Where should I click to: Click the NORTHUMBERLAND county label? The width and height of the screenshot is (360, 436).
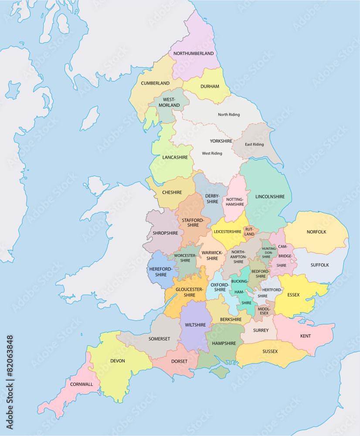tap(194, 54)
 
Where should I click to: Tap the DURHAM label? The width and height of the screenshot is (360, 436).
tap(210, 86)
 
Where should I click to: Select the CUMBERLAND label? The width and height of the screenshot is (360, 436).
tap(155, 83)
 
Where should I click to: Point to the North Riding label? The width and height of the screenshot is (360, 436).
tap(229, 115)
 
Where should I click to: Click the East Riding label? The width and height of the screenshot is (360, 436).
tap(254, 144)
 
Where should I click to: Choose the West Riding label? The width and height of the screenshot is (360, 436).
tap(212, 153)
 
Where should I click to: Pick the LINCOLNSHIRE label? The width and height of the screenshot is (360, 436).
tap(270, 197)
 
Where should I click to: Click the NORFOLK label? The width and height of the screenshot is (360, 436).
tap(316, 232)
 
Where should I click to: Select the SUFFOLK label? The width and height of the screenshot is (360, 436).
tap(319, 265)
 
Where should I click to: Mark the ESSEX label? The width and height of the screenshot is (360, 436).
tap(293, 295)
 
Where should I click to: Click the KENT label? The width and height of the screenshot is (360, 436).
tap(306, 336)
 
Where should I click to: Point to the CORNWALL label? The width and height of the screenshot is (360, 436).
tap(82, 384)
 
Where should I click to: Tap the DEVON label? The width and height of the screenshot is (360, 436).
tap(118, 361)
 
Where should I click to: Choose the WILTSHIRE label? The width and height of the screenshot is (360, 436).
tap(195, 325)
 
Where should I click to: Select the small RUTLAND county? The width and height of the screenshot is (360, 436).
tap(249, 232)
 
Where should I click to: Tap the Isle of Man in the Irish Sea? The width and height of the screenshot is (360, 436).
tap(89, 119)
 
